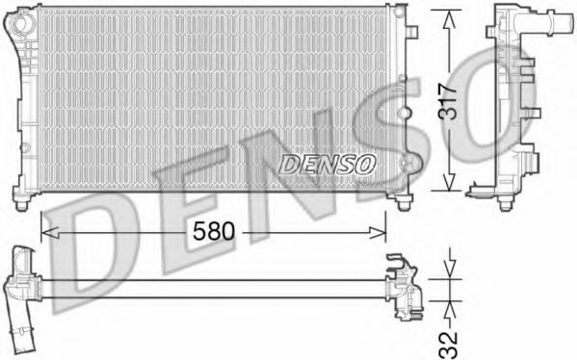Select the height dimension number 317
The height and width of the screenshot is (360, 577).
pos(447,98)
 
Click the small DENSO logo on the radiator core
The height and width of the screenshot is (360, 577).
pos(328,165)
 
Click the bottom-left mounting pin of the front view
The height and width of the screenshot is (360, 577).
pos(24,203)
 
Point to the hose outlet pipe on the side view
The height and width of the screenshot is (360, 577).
pos(563,19)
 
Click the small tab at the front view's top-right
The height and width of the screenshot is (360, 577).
pos(413,32)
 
